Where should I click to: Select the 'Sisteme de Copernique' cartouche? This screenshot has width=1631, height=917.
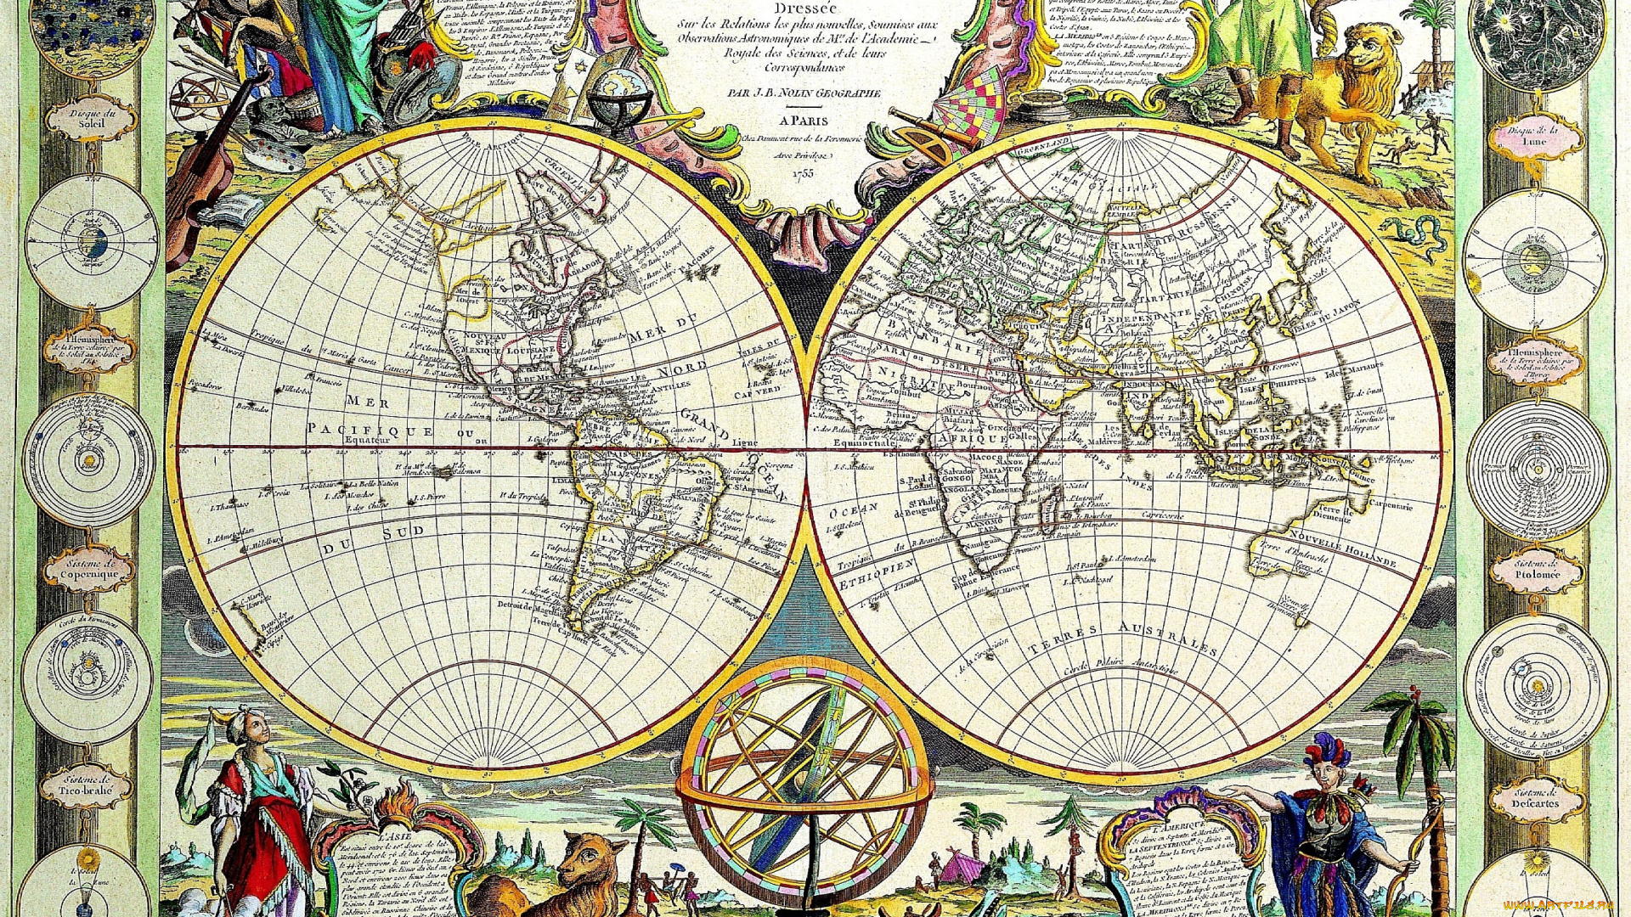point(89,568)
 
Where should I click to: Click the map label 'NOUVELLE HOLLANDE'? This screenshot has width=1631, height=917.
point(1342,549)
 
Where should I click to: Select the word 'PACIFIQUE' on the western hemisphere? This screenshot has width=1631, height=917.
point(370,430)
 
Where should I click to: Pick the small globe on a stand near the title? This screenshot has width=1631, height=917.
point(619,93)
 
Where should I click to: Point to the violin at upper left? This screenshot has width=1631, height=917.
point(200,170)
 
